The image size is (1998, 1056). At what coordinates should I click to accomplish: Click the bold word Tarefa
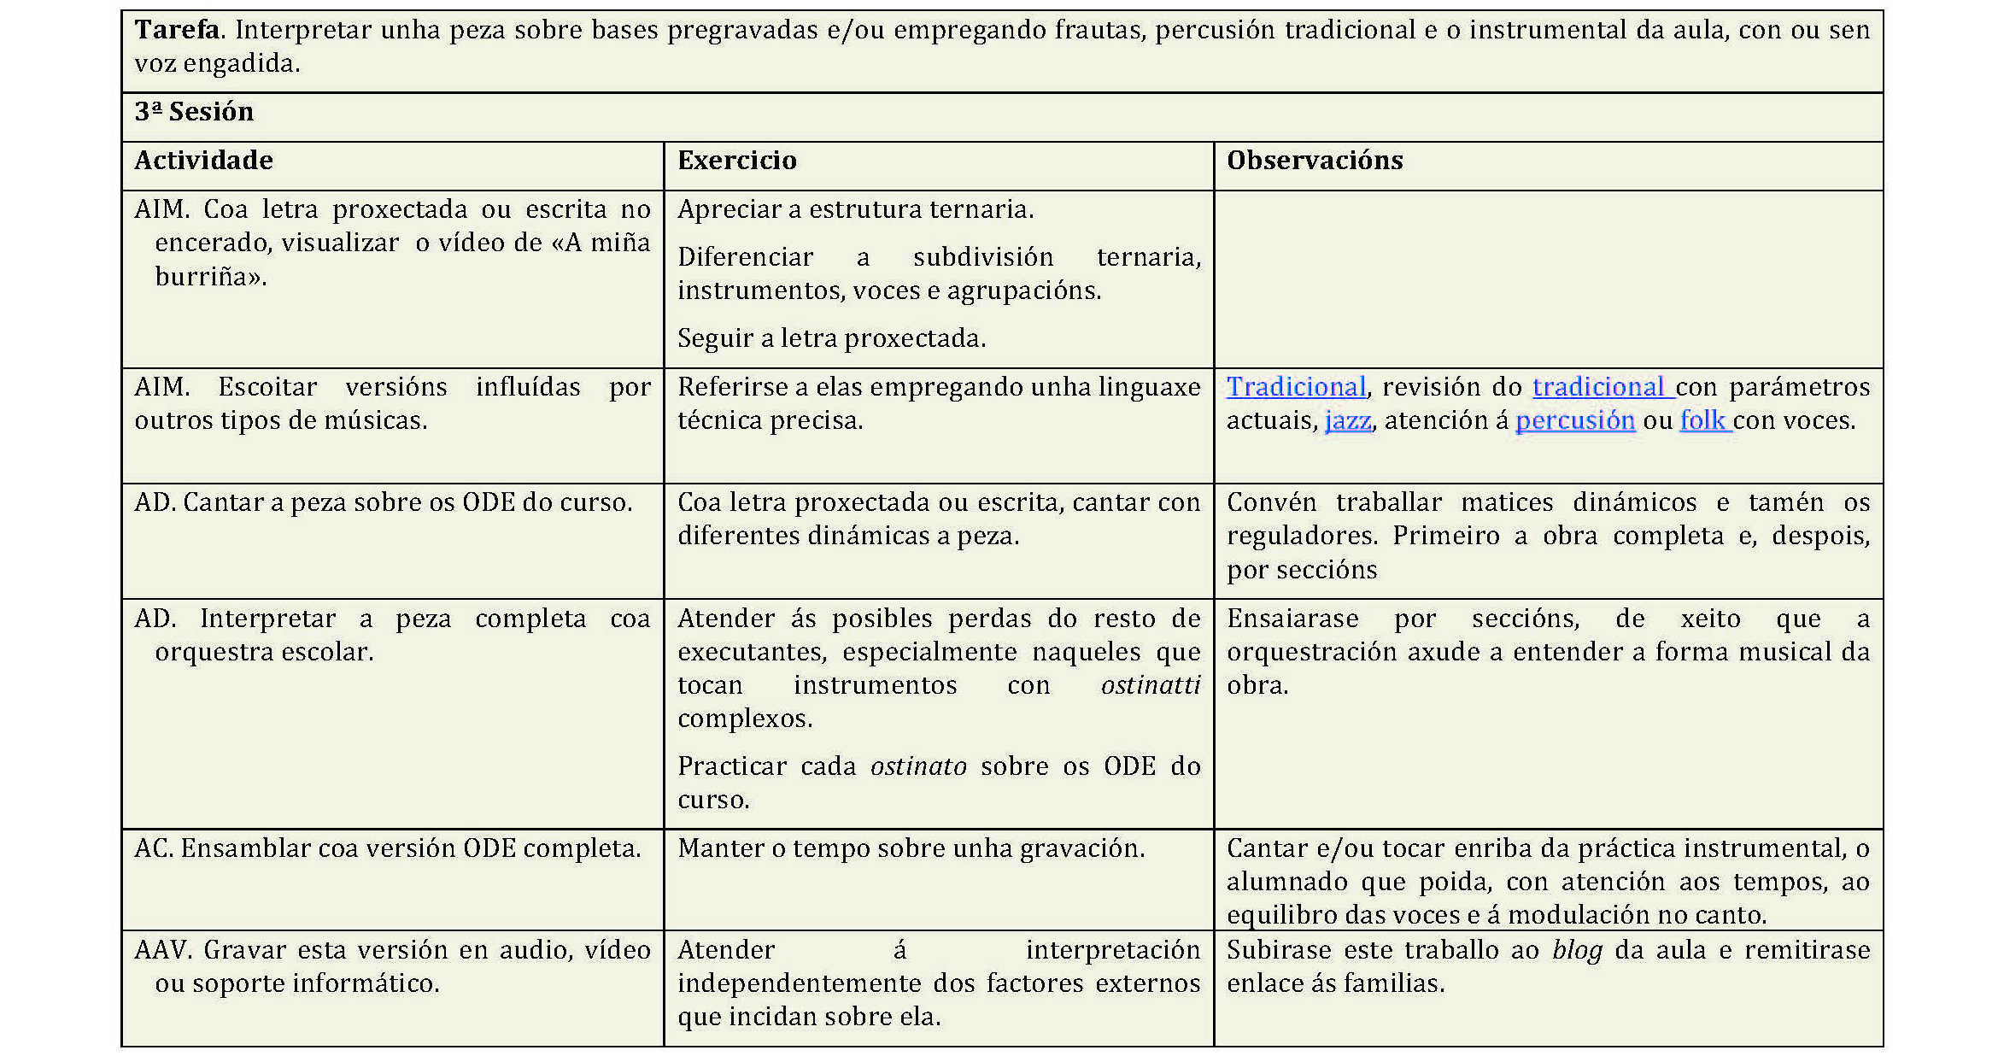pyautogui.click(x=177, y=30)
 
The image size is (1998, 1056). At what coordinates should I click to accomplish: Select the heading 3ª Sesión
pyautogui.click(x=194, y=112)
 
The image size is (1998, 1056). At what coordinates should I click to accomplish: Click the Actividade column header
pyautogui.click(x=203, y=161)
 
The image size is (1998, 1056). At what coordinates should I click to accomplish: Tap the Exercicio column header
pyautogui.click(x=736, y=161)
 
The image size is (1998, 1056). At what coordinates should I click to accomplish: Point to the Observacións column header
pyautogui.click(x=1314, y=161)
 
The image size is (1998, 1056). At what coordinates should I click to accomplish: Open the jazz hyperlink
pyautogui.click(x=1347, y=421)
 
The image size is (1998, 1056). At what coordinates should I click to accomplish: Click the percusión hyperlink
pyautogui.click(x=1574, y=421)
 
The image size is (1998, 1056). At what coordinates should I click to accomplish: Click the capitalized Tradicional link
pyautogui.click(x=1296, y=388)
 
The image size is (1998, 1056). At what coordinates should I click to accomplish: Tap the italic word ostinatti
pyautogui.click(x=1150, y=686)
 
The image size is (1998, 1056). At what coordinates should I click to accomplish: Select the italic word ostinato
pyautogui.click(x=918, y=767)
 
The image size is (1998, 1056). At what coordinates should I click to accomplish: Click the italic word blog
pyautogui.click(x=1577, y=951)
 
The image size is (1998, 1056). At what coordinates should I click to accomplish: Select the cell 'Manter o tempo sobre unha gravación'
pyautogui.click(x=911, y=849)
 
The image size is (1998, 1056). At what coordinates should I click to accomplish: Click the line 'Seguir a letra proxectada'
pyautogui.click(x=831, y=339)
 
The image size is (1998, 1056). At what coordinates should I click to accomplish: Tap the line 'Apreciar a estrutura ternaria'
pyautogui.click(x=855, y=210)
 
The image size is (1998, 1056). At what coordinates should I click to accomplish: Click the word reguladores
pyautogui.click(x=1301, y=537)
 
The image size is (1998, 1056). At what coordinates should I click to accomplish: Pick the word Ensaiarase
pyautogui.click(x=1292, y=619)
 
